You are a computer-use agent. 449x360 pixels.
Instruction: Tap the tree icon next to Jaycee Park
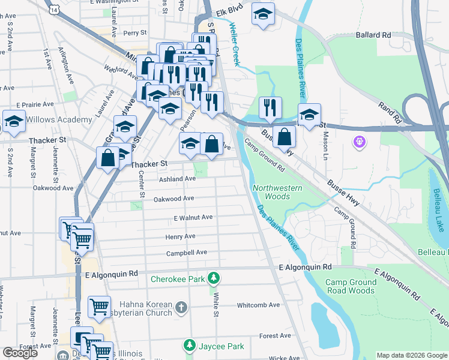coord(190,346)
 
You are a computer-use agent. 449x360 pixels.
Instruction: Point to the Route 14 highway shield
coord(55,10)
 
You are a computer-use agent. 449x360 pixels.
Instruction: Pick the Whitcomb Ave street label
coord(259,305)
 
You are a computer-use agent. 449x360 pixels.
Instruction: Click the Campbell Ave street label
coord(187,253)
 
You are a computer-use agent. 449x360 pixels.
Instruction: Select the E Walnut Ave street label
coord(193,218)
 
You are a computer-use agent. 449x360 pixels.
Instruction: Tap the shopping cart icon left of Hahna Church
coord(99,306)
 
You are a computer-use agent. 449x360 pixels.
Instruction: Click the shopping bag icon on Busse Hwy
coord(284,136)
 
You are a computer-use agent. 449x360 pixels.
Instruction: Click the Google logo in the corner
coord(20,353)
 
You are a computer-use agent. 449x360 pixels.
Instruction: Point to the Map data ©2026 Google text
coord(411,355)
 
